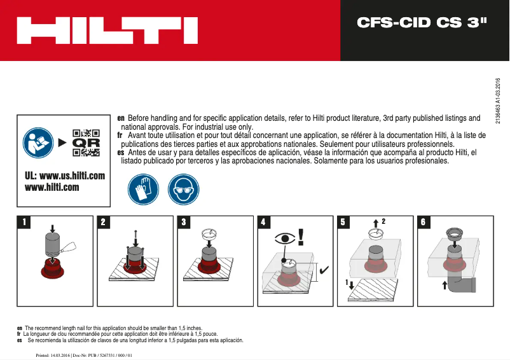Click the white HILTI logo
(107, 31)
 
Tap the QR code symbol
(86, 143)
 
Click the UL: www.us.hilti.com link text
(64, 176)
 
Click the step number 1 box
(24, 223)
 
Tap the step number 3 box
(184, 223)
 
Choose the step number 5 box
(344, 223)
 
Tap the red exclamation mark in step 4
(301, 237)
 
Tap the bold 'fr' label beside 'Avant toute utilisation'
(120, 135)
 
